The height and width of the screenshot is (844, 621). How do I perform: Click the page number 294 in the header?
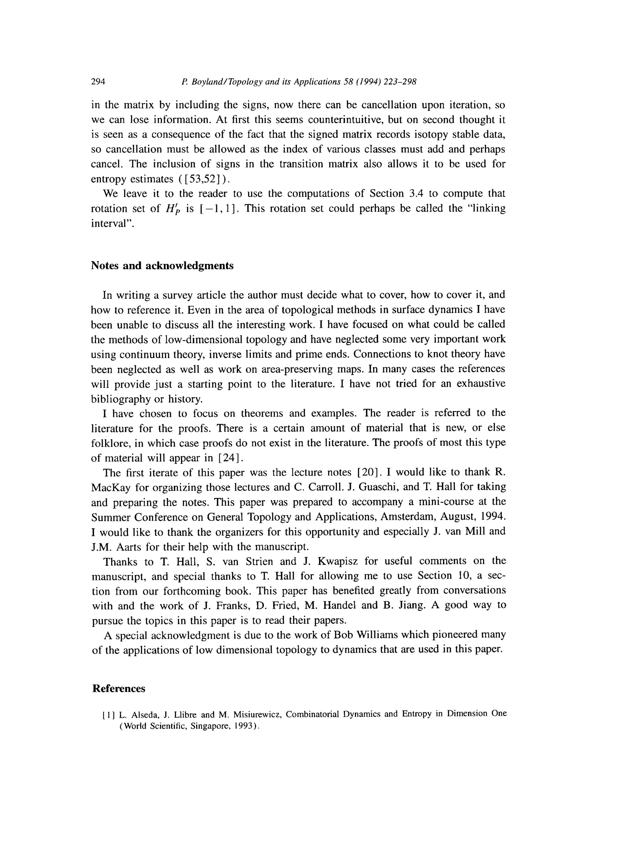(98, 82)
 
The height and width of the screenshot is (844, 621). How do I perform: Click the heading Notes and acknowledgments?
(162, 266)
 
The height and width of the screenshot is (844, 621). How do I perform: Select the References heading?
(119, 689)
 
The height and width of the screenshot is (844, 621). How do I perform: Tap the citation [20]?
(369, 472)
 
